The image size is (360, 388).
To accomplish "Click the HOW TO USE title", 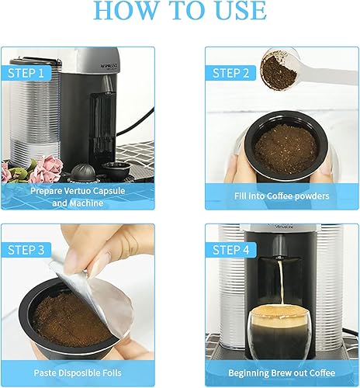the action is click(x=180, y=10).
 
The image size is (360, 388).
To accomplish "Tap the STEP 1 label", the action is click(x=26, y=73).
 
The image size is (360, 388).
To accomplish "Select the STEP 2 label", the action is click(x=230, y=73).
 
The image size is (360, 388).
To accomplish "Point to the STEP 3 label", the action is click(x=26, y=250).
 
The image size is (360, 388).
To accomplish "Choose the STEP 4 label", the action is click(x=230, y=250).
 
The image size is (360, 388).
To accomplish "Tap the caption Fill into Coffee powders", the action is click(x=282, y=196).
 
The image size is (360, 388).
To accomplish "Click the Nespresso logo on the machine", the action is click(x=109, y=66).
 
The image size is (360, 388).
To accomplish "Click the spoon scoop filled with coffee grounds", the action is click(x=279, y=69).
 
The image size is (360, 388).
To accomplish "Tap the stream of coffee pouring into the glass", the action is click(x=281, y=282).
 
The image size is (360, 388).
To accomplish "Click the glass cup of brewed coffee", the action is click(x=281, y=332).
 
